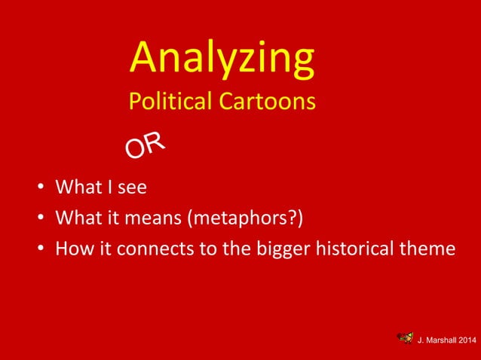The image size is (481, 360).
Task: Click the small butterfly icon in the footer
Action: coord(405,339)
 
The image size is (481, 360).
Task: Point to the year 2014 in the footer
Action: coord(468,341)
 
